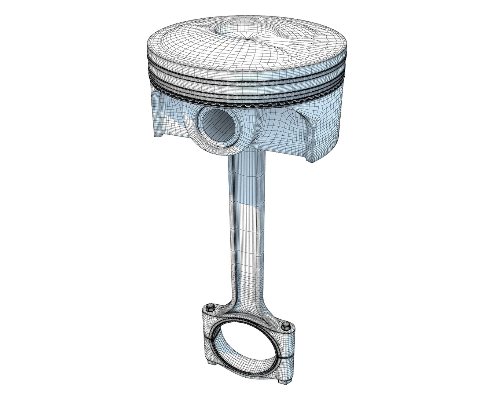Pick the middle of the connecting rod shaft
click(245, 227)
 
